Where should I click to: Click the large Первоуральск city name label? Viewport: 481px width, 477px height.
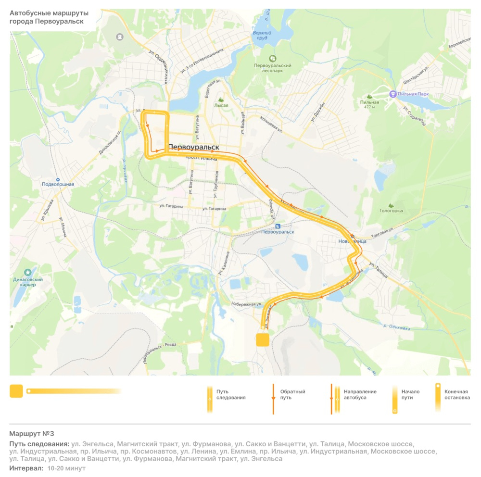tap(193, 147)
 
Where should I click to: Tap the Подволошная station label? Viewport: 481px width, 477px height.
tap(58, 184)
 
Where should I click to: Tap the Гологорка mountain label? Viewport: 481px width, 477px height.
tap(391, 211)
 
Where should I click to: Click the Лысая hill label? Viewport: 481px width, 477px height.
tap(221, 105)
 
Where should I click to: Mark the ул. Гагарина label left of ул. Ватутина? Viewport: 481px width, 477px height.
tap(172, 206)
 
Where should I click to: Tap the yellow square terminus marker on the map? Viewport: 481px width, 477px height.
tap(262, 340)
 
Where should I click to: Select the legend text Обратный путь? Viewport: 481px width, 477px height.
tap(292, 395)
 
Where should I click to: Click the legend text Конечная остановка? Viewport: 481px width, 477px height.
tap(456, 395)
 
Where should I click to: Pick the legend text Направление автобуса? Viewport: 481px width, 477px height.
tap(360, 395)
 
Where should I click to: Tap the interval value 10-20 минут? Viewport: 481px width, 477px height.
tap(66, 468)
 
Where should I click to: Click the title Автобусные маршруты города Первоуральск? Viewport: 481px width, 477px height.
tap(47, 18)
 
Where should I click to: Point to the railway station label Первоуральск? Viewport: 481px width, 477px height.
tap(278, 232)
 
